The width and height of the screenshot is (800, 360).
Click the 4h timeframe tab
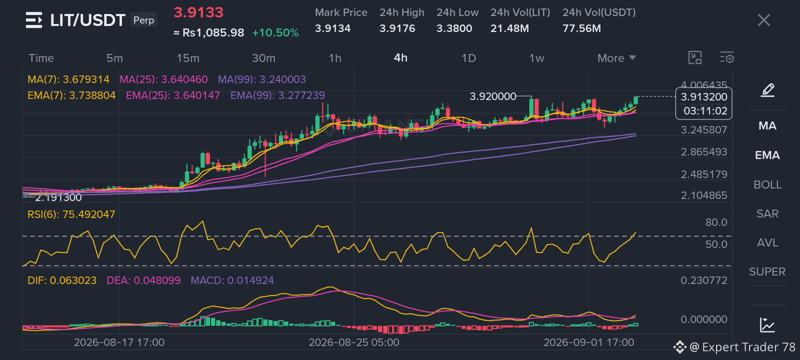click(400, 58)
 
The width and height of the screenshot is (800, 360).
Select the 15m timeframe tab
click(188, 58)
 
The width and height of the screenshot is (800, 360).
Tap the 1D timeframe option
click(468, 58)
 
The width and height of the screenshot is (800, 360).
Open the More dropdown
click(616, 58)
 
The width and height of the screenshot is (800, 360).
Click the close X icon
click(763, 20)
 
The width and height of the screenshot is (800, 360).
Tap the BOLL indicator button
click(767, 184)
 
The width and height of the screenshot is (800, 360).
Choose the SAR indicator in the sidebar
click(767, 213)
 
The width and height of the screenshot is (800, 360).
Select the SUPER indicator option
click(767, 272)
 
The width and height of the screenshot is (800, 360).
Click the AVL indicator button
click(767, 243)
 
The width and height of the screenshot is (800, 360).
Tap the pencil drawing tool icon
click(767, 90)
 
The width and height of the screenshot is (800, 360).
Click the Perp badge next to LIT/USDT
click(143, 20)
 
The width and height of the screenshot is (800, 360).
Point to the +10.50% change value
click(275, 33)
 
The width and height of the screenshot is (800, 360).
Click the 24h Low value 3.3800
click(454, 28)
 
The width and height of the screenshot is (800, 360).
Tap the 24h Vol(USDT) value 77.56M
click(581, 28)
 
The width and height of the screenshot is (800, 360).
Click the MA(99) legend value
click(262, 79)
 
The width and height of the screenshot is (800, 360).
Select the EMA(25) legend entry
click(173, 95)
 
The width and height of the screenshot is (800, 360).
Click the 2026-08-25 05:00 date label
click(354, 342)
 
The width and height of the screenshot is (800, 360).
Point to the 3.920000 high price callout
click(493, 96)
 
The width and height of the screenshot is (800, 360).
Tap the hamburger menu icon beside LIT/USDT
click(34, 20)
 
